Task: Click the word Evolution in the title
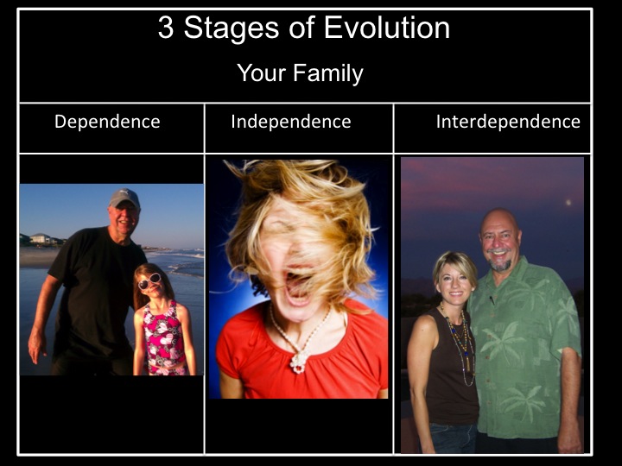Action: [387, 28]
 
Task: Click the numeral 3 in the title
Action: [166, 28]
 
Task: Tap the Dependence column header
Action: [107, 122]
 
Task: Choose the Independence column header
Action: [291, 122]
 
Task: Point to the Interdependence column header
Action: [508, 122]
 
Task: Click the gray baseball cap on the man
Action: [124, 198]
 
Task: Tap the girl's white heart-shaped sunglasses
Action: [149, 281]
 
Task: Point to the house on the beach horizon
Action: [40, 238]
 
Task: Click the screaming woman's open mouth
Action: [297, 287]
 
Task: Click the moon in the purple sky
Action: [568, 203]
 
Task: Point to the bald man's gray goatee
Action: [499, 264]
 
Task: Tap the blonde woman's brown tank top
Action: [452, 368]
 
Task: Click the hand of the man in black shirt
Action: [37, 344]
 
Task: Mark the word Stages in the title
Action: [232, 28]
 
